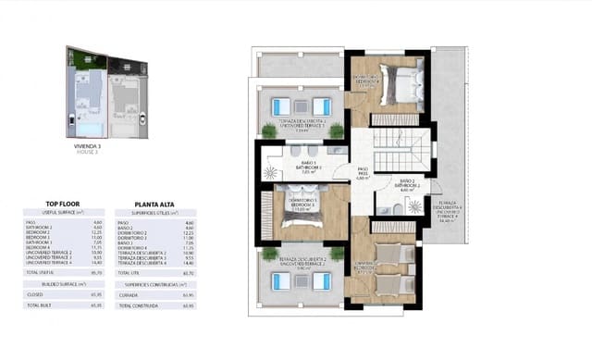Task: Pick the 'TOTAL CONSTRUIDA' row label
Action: [138, 304]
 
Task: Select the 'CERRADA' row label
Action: [128, 294]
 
